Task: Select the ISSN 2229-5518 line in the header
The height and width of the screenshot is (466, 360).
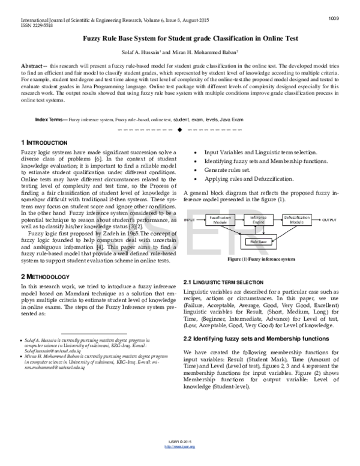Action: (29, 26)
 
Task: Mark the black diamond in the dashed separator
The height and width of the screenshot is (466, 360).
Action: (180, 130)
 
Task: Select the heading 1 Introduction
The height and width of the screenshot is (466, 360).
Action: (44, 142)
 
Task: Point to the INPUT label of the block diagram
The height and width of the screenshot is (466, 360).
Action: (191, 220)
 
